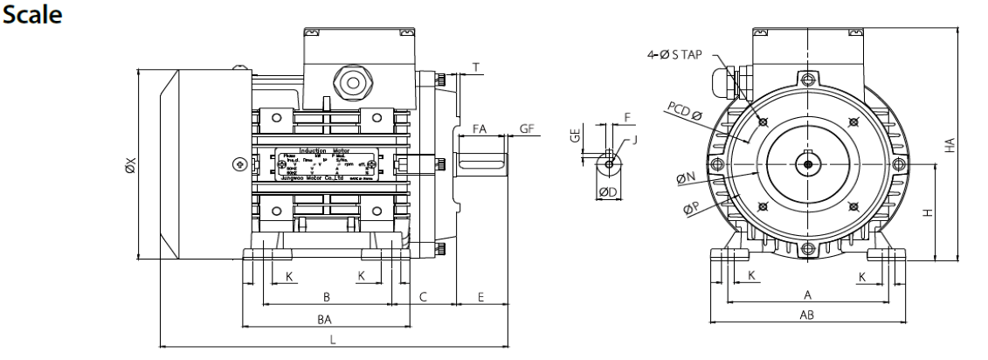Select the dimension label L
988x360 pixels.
click(x=332, y=340)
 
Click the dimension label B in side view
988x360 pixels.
click(x=326, y=297)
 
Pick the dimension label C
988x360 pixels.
click(x=423, y=297)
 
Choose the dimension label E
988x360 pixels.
click(x=481, y=297)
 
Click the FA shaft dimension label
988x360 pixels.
click(x=479, y=128)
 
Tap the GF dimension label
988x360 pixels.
click(x=527, y=128)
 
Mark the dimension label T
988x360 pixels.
click(x=475, y=67)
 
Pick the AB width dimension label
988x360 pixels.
click(x=808, y=315)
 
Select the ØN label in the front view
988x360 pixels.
click(x=686, y=177)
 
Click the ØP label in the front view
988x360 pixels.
click(x=690, y=207)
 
